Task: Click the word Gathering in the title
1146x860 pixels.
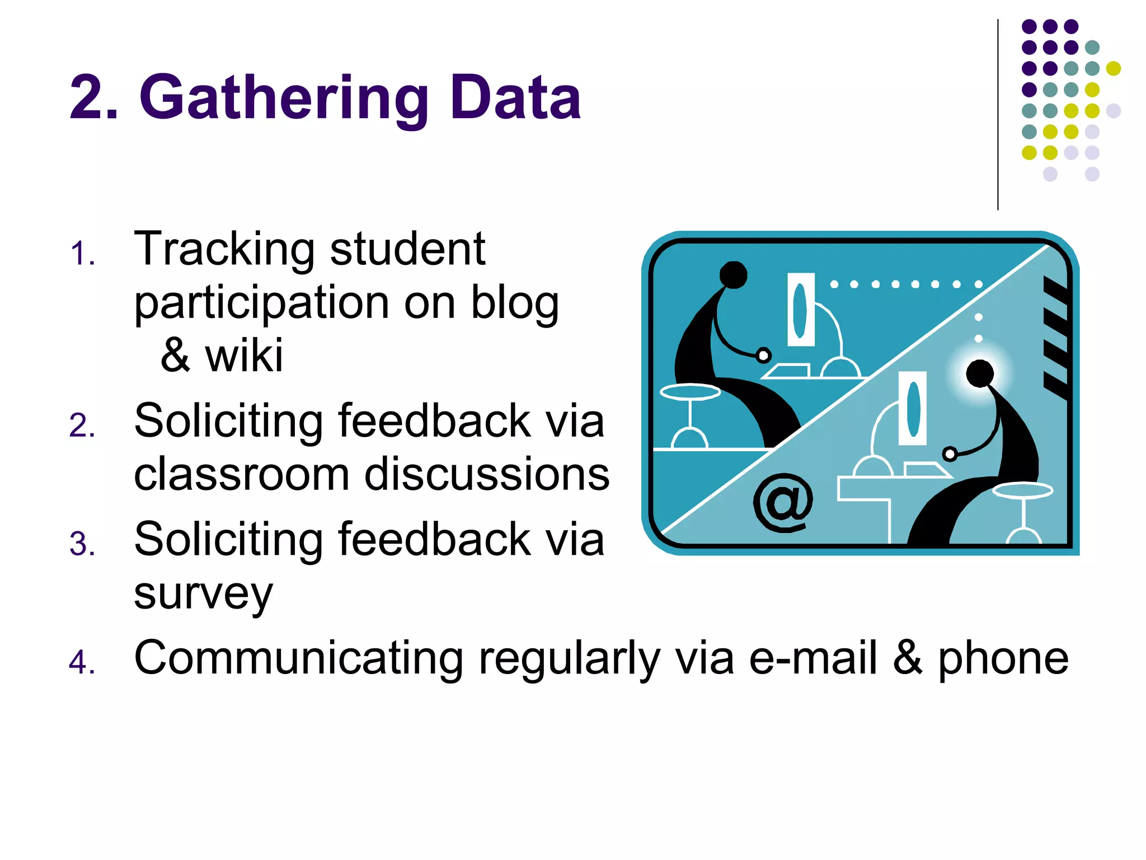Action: pyautogui.click(x=283, y=100)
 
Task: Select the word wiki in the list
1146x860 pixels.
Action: pyautogui.click(x=244, y=356)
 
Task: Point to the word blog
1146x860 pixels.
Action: pyautogui.click(x=514, y=303)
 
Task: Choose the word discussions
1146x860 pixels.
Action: pyautogui.click(x=487, y=474)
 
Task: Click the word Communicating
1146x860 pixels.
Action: pyautogui.click(x=298, y=658)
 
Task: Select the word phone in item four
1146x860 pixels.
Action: pyautogui.click(x=1003, y=660)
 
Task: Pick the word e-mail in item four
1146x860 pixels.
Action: pyautogui.click(x=812, y=658)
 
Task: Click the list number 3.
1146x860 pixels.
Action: pyautogui.click(x=82, y=544)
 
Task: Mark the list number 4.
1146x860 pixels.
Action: pyautogui.click(x=82, y=662)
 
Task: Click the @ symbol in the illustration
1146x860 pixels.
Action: pyautogui.click(x=782, y=503)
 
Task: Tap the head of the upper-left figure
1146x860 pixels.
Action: pyautogui.click(x=733, y=274)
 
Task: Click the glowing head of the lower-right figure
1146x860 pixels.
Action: pyautogui.click(x=979, y=373)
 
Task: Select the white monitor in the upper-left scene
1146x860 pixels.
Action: pyautogui.click(x=801, y=310)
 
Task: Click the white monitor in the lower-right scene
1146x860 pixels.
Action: pyautogui.click(x=913, y=408)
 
